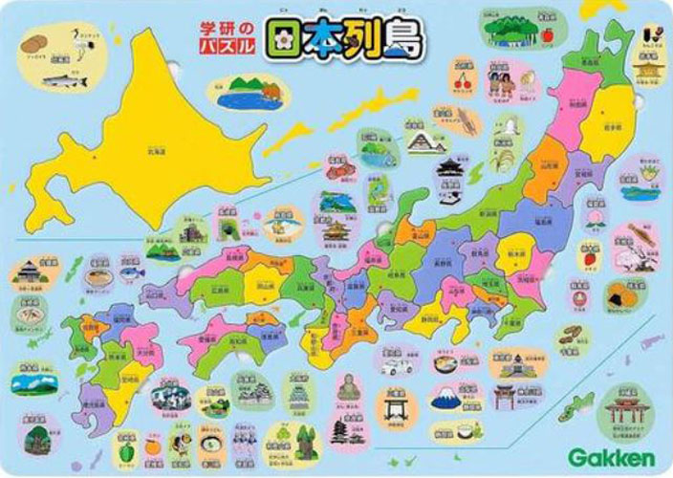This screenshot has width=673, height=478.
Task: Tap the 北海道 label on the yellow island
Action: point(153,150)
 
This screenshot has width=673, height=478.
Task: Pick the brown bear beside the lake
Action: point(271,90)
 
